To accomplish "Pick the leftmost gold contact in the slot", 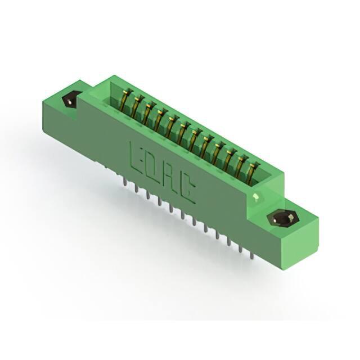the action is (x=125, y=100).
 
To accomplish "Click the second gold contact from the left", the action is (x=137, y=106).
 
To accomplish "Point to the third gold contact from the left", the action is (x=148, y=113).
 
